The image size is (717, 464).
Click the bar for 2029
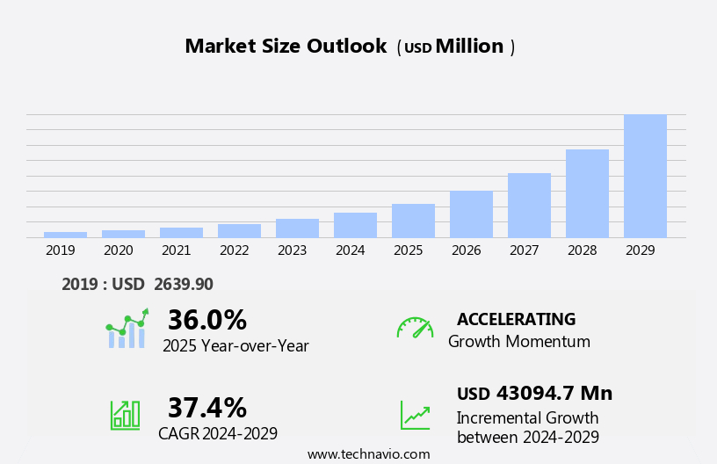pos(645,176)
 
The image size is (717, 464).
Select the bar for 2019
pos(65,235)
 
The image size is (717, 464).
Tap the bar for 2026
pos(471,214)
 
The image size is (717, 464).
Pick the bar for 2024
pos(355,225)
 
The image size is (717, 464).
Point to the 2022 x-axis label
pos(234,250)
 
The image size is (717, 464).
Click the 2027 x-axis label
pos(524,250)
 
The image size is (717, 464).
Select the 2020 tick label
pos(118,250)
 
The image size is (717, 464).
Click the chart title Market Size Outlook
pos(286,47)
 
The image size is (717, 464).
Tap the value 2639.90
pos(183,284)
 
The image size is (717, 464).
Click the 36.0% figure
pos(206,320)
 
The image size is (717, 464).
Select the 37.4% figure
pos(206,408)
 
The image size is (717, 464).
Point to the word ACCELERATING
pos(516,319)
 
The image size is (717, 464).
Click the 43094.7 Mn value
pos(554,393)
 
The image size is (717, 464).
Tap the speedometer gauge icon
pos(415,328)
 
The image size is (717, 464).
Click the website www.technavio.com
pos(368,454)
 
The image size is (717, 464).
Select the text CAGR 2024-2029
pos(218,433)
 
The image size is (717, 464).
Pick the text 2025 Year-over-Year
pos(235,345)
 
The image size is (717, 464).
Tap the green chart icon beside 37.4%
pos(125,414)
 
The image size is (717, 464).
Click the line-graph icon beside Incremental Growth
pos(415,415)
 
